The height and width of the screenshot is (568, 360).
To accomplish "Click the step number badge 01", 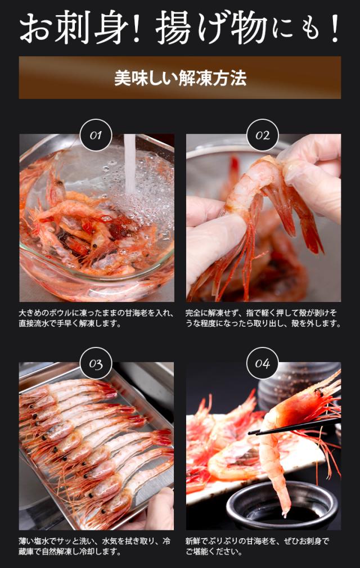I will pyautogui.click(x=96, y=135).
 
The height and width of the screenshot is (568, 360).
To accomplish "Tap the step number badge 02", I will pyautogui.click(x=263, y=135).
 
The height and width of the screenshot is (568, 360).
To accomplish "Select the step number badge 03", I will pyautogui.click(x=96, y=364).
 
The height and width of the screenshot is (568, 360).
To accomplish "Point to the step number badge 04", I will pyautogui.click(x=263, y=364).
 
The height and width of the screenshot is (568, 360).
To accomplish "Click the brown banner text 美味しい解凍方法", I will pyautogui.click(x=180, y=78).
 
